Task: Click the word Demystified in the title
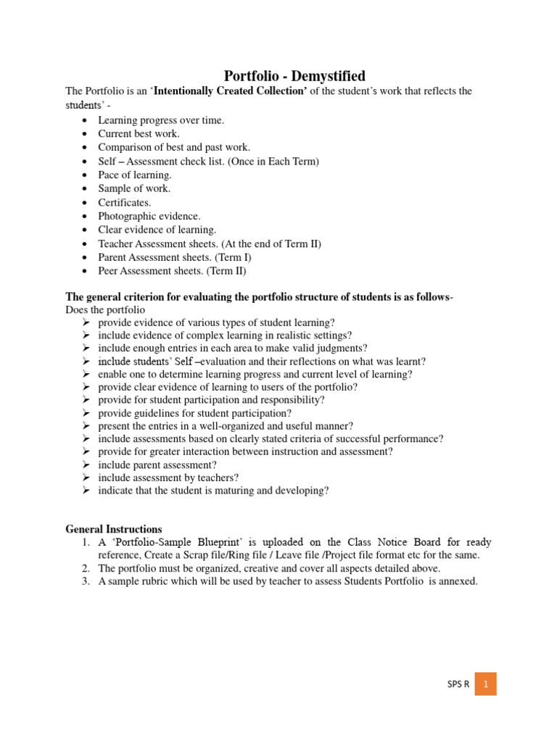tap(319, 75)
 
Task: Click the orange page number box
tap(485, 683)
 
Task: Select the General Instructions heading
tap(114, 529)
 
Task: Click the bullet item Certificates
tap(125, 202)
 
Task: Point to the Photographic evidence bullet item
tap(149, 216)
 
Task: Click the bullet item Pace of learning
tap(135, 175)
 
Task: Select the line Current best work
tap(139, 133)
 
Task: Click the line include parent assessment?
tap(157, 464)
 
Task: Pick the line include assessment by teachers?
tap(168, 478)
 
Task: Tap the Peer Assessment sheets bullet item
tap(173, 271)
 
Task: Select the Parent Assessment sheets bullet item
tap(175, 257)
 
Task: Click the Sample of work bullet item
tap(135, 188)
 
